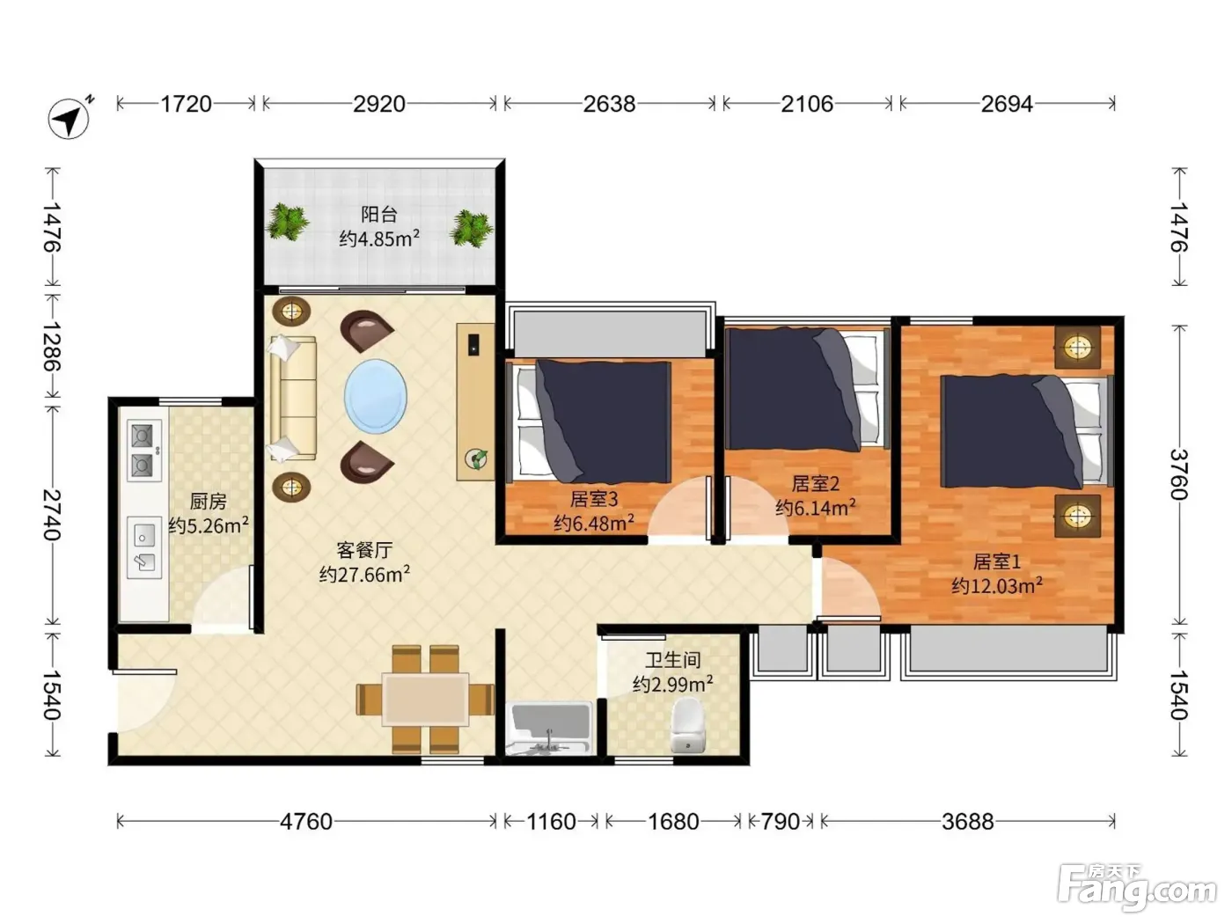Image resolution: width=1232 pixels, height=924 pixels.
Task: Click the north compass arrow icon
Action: click(x=70, y=118)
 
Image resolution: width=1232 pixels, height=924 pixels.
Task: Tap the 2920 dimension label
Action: click(x=379, y=104)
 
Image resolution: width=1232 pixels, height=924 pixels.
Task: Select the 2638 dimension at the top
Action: click(x=609, y=104)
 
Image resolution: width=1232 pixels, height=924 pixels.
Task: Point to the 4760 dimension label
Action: click(x=306, y=822)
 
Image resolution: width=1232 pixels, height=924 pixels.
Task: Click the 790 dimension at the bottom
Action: click(x=781, y=822)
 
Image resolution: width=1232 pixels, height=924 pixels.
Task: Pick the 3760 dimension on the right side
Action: click(x=1178, y=474)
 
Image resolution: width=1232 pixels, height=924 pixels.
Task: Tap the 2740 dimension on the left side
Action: click(x=52, y=515)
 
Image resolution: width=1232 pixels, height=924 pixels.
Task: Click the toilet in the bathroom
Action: click(x=687, y=725)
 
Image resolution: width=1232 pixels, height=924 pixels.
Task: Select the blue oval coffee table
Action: click(x=376, y=397)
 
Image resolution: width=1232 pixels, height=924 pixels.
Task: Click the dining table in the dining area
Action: click(x=425, y=700)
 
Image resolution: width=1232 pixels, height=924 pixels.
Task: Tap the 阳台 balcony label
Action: click(x=379, y=215)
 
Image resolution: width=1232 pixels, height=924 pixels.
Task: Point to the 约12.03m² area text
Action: click(x=997, y=585)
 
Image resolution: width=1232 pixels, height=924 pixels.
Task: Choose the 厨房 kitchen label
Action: click(x=209, y=501)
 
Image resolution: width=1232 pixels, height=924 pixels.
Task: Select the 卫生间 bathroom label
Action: click(x=673, y=660)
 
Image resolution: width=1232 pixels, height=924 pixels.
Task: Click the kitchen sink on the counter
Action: click(x=144, y=547)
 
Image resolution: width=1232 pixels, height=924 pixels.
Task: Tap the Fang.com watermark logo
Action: click(x=1137, y=888)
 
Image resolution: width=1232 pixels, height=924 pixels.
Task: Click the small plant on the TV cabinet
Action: click(x=476, y=458)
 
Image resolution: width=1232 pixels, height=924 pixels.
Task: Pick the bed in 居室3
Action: click(x=590, y=421)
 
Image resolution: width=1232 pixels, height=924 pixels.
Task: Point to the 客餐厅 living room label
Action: click(x=364, y=550)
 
